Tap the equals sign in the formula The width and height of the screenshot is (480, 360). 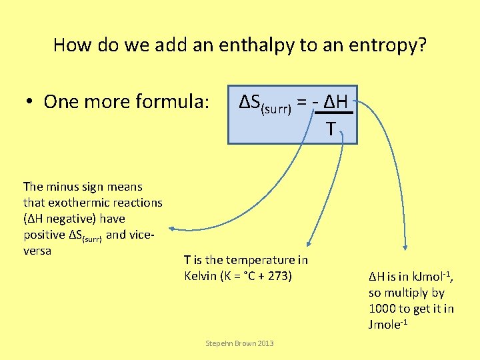[x=302, y=103]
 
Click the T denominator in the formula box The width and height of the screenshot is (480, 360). [x=331, y=129]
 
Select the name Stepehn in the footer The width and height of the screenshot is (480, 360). [x=218, y=343]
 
